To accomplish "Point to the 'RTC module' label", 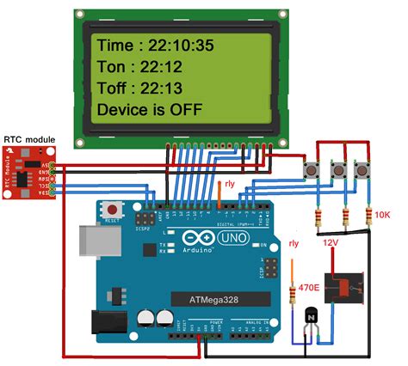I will pyautogui.click(x=28, y=137).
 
